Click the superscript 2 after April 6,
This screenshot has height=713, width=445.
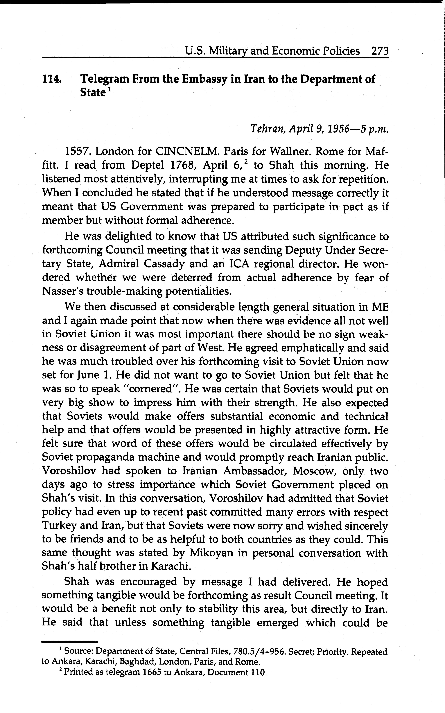tap(248, 162)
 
